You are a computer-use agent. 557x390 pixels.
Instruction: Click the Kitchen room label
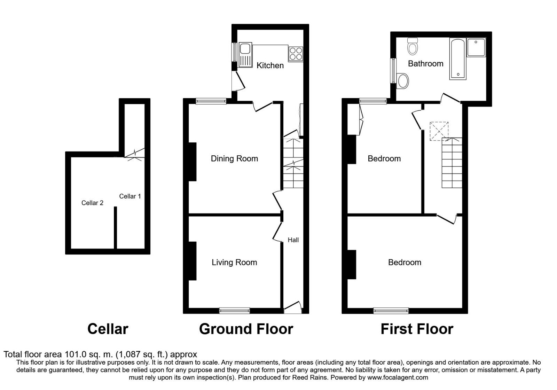click(270, 65)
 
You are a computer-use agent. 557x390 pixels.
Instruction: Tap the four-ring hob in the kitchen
click(296, 54)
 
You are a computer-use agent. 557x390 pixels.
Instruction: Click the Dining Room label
click(234, 159)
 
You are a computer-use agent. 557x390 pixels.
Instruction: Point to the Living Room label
click(234, 263)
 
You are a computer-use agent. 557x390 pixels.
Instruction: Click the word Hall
click(293, 240)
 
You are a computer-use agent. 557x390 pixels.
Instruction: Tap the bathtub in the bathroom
click(458, 59)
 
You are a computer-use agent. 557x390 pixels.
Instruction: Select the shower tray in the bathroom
click(476, 47)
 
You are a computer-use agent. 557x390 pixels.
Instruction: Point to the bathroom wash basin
click(403, 81)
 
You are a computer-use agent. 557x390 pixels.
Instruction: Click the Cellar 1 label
click(130, 196)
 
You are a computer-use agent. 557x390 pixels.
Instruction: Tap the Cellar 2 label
click(92, 203)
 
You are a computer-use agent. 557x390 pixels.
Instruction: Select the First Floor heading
click(417, 329)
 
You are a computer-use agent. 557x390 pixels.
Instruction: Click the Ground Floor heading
click(246, 329)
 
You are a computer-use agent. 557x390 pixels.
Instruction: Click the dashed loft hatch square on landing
click(439, 131)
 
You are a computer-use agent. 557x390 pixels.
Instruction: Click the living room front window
click(234, 310)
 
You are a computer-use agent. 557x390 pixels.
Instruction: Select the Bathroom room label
click(425, 64)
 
